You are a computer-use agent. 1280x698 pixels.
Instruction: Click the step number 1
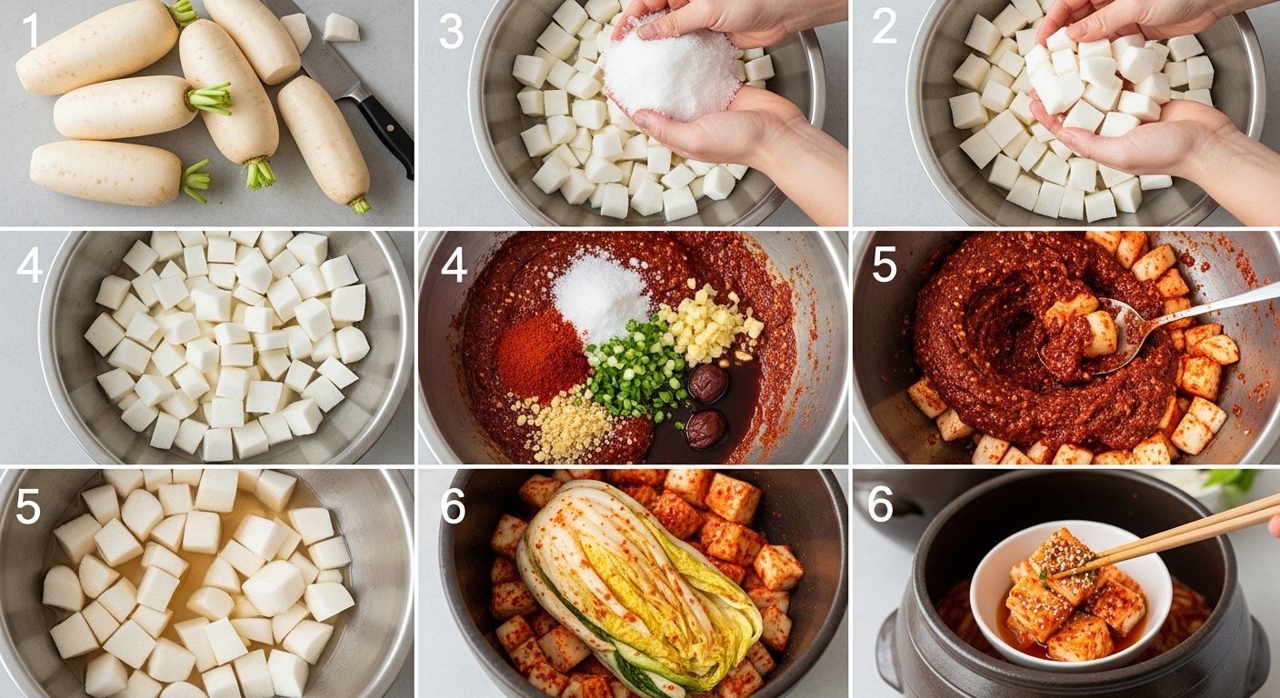(32, 30)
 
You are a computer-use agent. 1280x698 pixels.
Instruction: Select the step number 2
(884, 27)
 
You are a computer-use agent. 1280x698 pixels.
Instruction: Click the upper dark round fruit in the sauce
(707, 382)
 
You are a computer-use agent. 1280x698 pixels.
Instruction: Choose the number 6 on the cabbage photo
(453, 506)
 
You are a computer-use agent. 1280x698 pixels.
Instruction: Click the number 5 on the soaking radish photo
(28, 506)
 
